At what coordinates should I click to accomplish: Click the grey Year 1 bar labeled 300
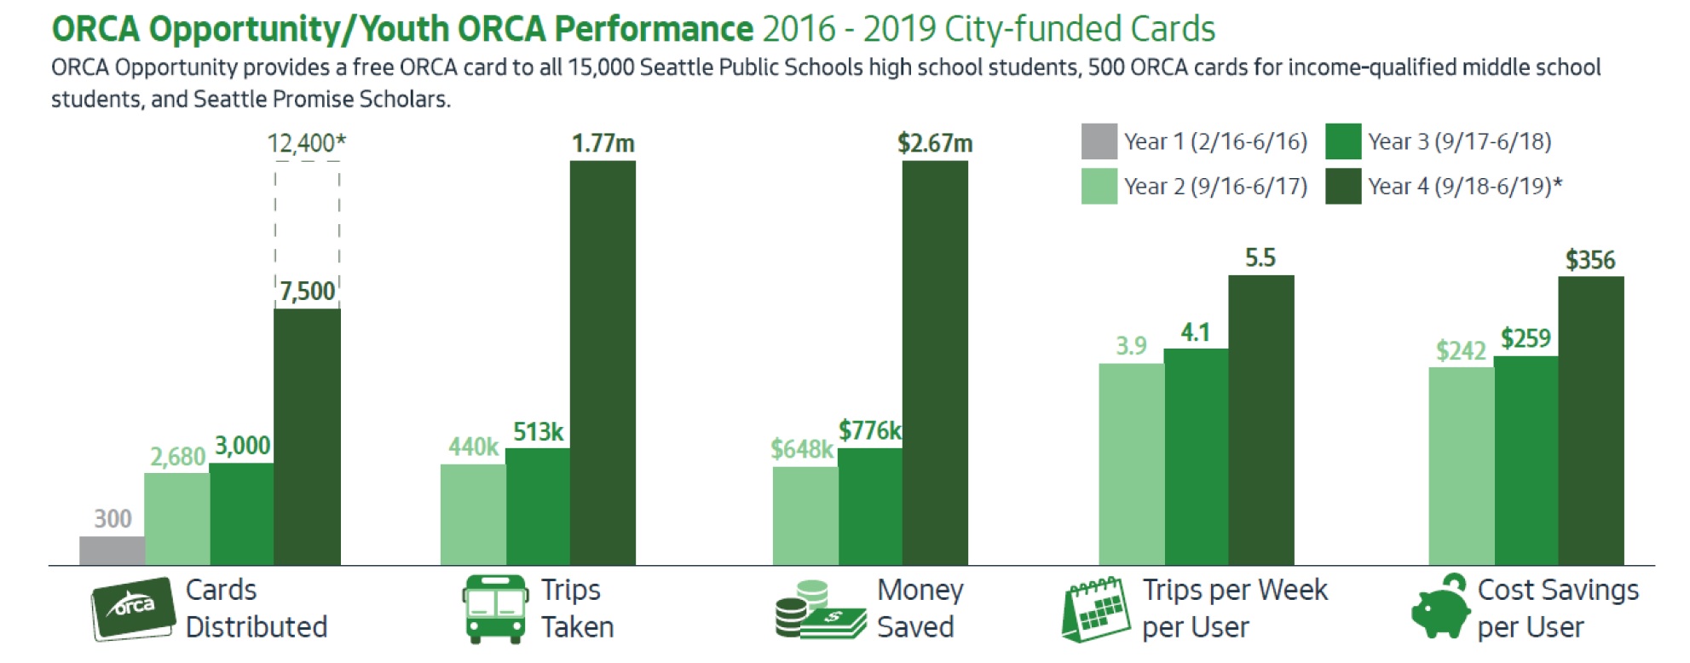pos(112,551)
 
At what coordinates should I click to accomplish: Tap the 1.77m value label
pos(603,143)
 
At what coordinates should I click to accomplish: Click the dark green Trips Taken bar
pos(603,363)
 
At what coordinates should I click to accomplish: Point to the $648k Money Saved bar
pos(805,516)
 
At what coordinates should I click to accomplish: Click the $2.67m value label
pos(935,143)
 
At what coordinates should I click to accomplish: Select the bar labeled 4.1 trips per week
pos(1196,457)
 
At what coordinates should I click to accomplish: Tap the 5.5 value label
pos(1260,258)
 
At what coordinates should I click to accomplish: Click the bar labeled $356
pos(1591,421)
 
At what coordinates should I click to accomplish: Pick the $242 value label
pos(1461,350)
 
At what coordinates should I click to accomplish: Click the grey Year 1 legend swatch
pos(1099,141)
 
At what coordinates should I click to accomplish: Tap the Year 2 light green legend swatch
pos(1099,187)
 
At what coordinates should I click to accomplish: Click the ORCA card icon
pos(134,608)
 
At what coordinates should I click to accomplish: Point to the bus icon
pos(495,608)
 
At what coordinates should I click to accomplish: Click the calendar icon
pos(1097,609)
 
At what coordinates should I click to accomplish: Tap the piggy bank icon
pos(1440,607)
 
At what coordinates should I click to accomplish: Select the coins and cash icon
pos(821,609)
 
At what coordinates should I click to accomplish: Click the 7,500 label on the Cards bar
pos(308,291)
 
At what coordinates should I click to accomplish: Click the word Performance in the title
pos(655,29)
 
